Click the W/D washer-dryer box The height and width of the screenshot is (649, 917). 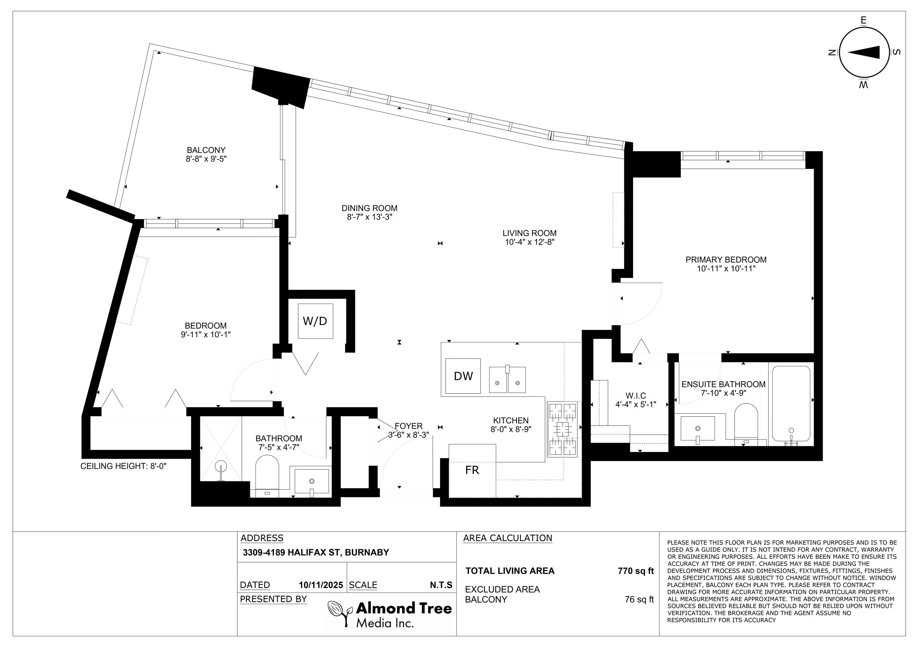pos(315,321)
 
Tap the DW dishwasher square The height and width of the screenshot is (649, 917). pos(463,376)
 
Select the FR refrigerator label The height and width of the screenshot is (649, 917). pos(472,470)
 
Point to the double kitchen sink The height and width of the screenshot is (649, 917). pos(507,379)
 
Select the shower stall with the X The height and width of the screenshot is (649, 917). pos(221,449)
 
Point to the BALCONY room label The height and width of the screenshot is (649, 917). pos(206,150)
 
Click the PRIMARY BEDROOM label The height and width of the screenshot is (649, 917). pos(726,260)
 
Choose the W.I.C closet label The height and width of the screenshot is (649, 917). pos(636,396)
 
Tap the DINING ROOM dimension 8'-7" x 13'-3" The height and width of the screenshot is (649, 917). pos(370,217)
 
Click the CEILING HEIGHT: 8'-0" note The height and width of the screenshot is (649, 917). pos(123,466)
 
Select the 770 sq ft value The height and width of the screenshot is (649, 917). pos(636,571)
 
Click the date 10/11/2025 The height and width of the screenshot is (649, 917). pos(321,585)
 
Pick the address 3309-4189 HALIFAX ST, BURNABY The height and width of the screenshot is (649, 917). pos(316,552)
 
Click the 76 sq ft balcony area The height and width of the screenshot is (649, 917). pos(639,599)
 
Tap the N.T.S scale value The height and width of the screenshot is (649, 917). pos(441,585)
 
